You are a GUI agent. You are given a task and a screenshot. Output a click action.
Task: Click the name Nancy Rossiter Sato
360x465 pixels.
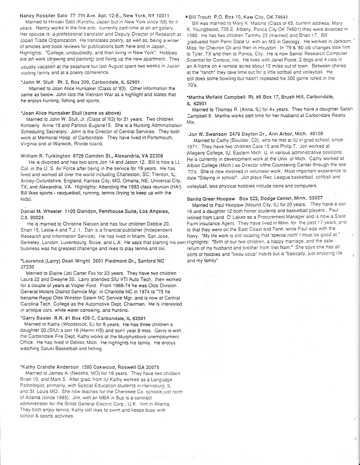[x=44, y=15]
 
